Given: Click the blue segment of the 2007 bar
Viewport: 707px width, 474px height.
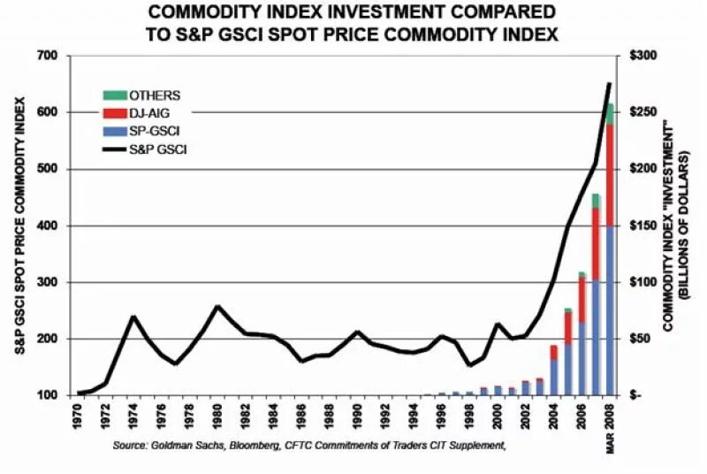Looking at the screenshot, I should pyautogui.click(x=596, y=336).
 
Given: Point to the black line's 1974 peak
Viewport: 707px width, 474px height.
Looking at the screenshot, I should pyautogui.click(x=133, y=316).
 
